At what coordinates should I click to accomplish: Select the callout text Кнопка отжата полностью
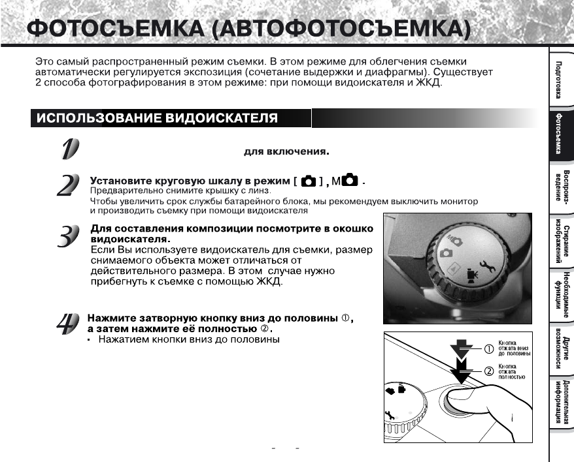click(x=512, y=371)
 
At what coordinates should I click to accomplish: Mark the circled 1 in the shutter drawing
click(x=487, y=348)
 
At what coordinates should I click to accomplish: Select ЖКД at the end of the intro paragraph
click(x=431, y=84)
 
